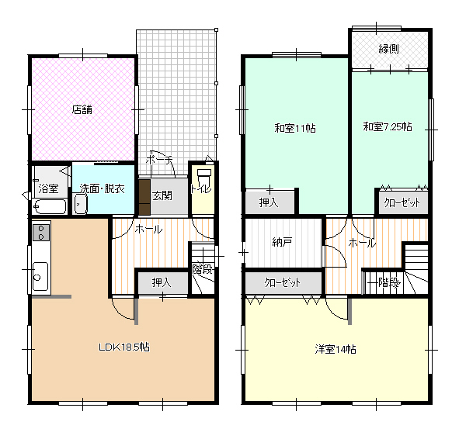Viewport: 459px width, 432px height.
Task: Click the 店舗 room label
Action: tap(82, 109)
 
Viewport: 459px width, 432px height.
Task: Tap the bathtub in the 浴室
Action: tap(50, 206)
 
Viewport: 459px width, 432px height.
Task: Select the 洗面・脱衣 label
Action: tap(103, 188)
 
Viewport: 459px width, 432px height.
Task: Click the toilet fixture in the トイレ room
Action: tap(204, 175)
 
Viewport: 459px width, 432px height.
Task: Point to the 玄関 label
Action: tap(162, 195)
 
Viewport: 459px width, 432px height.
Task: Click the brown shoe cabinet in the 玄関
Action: tap(144, 197)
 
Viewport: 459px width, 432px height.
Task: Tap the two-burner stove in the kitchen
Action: tap(41, 232)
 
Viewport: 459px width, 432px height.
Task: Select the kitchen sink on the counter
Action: tap(40, 276)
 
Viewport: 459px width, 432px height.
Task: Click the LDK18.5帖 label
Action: tap(124, 347)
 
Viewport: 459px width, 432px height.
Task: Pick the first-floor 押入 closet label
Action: tap(162, 282)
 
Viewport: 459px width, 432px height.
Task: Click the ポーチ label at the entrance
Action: tap(159, 160)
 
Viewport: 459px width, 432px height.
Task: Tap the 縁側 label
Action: tap(389, 49)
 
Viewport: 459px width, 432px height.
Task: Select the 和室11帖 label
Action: tap(295, 128)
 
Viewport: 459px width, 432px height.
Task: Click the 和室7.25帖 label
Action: tap(388, 126)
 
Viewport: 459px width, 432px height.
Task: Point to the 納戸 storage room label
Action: tap(282, 242)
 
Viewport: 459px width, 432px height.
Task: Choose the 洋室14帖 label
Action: tap(336, 349)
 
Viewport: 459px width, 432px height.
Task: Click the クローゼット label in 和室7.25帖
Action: tap(402, 202)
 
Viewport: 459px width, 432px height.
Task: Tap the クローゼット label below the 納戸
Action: tap(283, 282)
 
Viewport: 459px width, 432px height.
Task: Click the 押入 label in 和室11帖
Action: tap(269, 202)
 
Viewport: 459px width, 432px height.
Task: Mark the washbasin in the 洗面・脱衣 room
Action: tap(81, 204)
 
